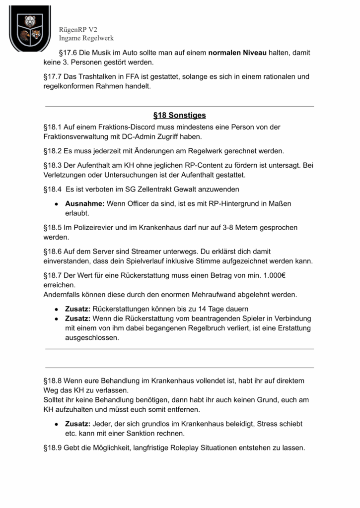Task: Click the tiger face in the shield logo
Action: coord(37,35)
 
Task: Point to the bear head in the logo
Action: coord(30,21)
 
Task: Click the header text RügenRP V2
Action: coord(78,30)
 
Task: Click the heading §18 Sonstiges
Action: coord(179,116)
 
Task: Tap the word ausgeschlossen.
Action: coord(92,337)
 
